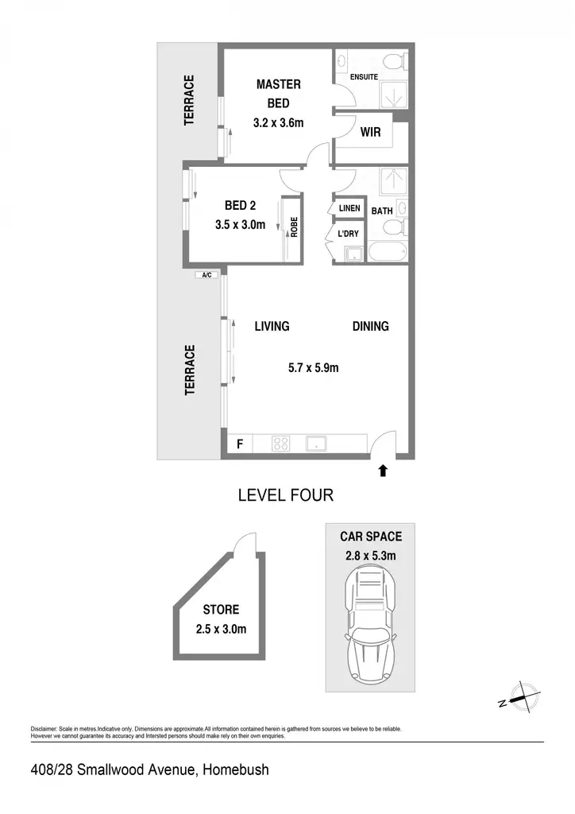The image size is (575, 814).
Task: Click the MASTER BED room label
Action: pos(279,94)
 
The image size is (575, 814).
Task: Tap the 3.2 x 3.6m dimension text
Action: pos(279,123)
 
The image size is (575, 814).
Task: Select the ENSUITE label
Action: pos(364,77)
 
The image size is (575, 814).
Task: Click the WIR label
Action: pos(370,132)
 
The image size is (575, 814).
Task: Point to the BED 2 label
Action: pos(240,206)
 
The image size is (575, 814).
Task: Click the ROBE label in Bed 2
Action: pos(294,227)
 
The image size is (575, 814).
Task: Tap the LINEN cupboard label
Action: pos(349,208)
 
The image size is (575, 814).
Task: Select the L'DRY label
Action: pos(348,234)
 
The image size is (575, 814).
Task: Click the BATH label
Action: pos(381,211)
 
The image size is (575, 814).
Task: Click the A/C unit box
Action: pos(206,275)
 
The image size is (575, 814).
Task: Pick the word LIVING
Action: pos(272,326)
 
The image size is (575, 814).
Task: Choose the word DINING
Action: pos(370,326)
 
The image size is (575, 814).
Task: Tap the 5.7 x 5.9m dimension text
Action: pos(313,367)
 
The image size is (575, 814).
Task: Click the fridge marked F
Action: pos(240,444)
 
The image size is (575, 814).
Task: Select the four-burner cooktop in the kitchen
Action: pos(280,444)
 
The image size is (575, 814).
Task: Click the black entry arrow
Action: pos(383,471)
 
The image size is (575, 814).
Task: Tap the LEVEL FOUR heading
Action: pos(286,495)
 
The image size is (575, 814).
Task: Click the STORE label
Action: pos(221,610)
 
